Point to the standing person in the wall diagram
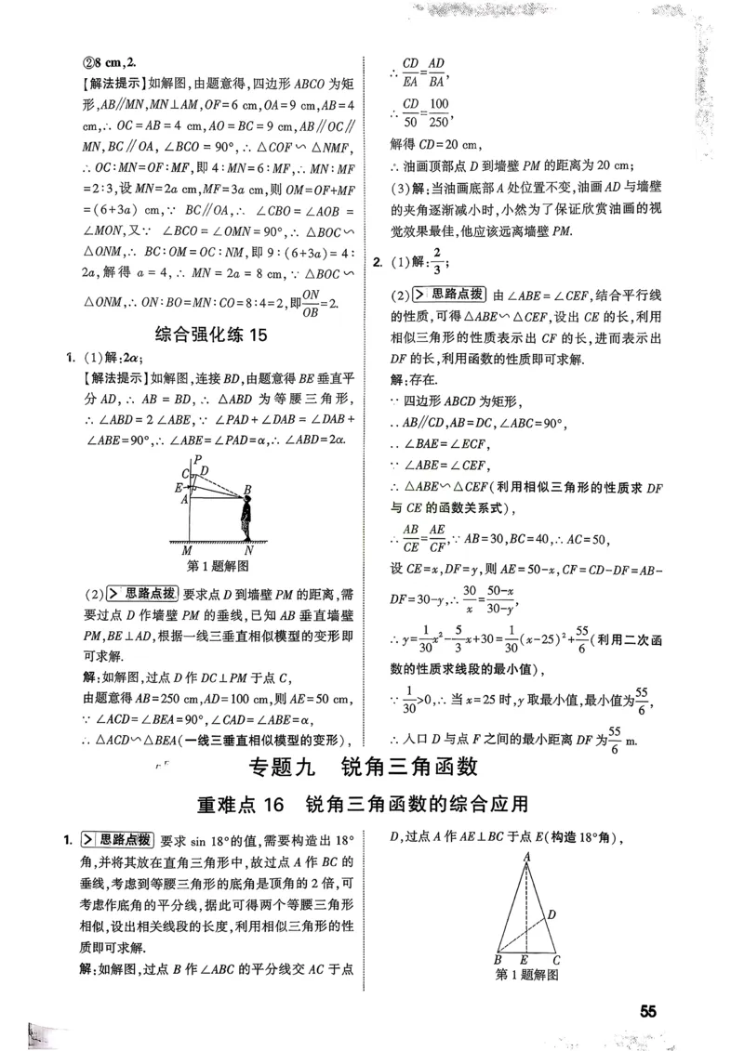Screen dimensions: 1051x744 [x=246, y=516]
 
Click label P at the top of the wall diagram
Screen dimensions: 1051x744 [x=195, y=459]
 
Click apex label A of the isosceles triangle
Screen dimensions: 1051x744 [x=526, y=857]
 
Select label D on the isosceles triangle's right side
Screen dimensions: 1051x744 [x=551, y=915]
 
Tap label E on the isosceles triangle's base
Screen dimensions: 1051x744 [x=525, y=960]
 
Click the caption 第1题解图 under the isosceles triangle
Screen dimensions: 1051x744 [x=527, y=976]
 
